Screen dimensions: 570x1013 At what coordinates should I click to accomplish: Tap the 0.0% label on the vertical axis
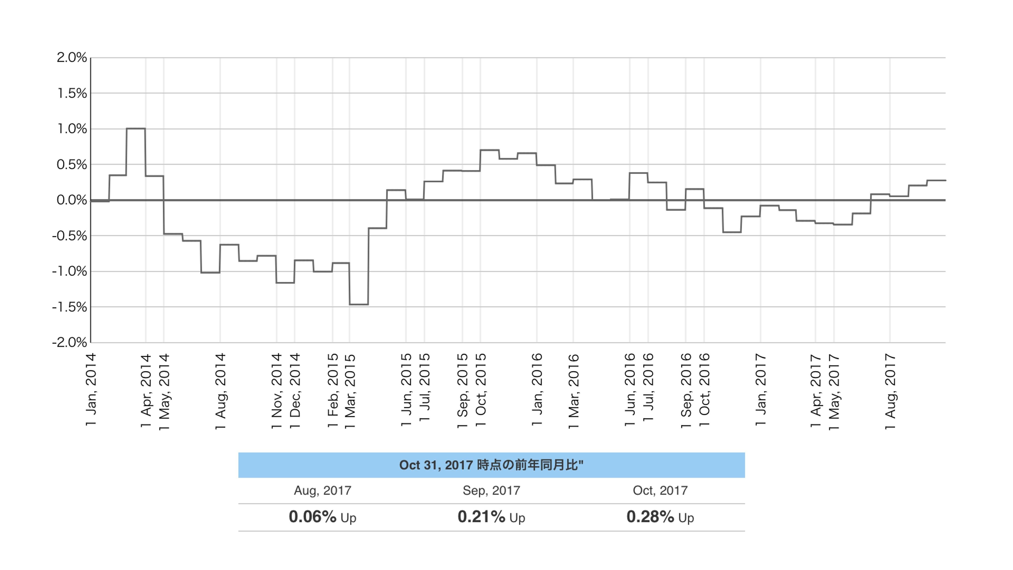click(72, 200)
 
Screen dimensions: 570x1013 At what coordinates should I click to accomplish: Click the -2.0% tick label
click(70, 342)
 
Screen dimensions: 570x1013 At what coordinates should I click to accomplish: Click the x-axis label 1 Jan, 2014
click(91, 389)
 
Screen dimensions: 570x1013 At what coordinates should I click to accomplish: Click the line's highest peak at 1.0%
click(136, 129)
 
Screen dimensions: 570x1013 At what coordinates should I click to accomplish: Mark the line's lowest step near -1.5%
click(359, 304)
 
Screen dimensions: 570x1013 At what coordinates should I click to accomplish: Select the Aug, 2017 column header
click(323, 491)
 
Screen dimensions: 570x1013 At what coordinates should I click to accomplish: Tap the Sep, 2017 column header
click(491, 491)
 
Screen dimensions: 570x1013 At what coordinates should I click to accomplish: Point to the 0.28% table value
click(650, 517)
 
